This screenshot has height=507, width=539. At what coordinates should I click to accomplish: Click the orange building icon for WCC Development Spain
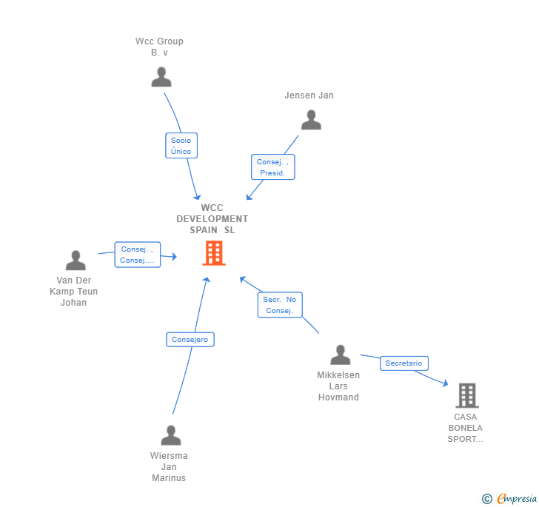[x=214, y=253]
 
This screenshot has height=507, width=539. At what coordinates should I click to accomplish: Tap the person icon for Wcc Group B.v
[x=161, y=77]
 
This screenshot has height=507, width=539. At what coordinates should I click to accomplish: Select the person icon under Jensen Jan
[x=311, y=120]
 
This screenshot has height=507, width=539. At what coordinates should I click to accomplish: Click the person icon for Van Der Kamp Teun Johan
[x=76, y=261]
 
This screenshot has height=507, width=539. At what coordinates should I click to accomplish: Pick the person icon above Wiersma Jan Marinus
[x=171, y=435]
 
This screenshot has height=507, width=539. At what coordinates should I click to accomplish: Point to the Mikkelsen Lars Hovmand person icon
[x=340, y=355]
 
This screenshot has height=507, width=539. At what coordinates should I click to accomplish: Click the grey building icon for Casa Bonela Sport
[x=466, y=396]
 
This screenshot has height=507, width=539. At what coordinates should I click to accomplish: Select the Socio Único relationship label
[x=181, y=146]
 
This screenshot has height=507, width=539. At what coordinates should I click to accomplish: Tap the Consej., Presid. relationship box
[x=272, y=167]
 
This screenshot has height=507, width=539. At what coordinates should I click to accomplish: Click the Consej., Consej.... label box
[x=137, y=255]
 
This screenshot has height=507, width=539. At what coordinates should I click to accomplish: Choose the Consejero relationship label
[x=190, y=340]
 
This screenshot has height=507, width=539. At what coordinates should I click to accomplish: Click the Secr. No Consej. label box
[x=280, y=305]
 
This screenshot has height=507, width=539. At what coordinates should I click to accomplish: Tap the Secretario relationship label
[x=404, y=363]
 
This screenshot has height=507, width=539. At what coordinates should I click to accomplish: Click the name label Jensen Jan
[x=309, y=95]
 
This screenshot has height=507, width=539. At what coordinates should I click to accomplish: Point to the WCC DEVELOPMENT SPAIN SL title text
[x=212, y=219]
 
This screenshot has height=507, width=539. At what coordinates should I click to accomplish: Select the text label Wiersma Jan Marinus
[x=169, y=467]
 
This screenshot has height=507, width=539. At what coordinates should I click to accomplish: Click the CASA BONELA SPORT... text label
[x=465, y=428]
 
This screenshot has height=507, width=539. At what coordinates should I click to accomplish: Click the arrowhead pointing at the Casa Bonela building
[x=445, y=383]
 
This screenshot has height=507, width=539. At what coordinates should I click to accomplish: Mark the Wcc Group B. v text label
[x=159, y=47]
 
